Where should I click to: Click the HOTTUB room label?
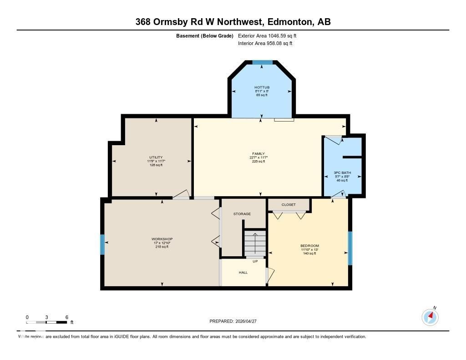(262, 87)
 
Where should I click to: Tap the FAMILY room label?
(258, 154)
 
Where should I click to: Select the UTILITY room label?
(156, 157)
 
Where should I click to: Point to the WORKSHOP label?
(162, 239)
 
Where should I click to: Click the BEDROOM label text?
(309, 246)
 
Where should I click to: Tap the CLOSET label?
(289, 205)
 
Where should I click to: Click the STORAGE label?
(242, 213)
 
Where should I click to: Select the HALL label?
(243, 273)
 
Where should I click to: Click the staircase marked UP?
(255, 244)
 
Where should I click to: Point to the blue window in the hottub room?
(262, 62)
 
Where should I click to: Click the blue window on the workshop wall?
(102, 244)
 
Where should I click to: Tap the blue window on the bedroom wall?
(350, 248)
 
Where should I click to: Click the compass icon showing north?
(430, 317)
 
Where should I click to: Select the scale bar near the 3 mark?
(47, 322)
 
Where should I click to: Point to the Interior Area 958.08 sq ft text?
(265, 44)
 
